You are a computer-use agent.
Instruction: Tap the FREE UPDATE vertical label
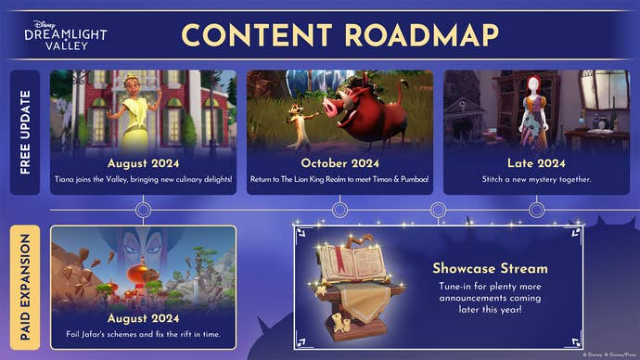(25, 132)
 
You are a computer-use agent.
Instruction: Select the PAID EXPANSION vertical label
(25, 288)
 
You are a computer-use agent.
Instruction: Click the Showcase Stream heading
(490, 268)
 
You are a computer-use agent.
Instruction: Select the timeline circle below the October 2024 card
(339, 211)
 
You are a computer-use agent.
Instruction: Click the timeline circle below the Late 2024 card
(536, 211)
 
